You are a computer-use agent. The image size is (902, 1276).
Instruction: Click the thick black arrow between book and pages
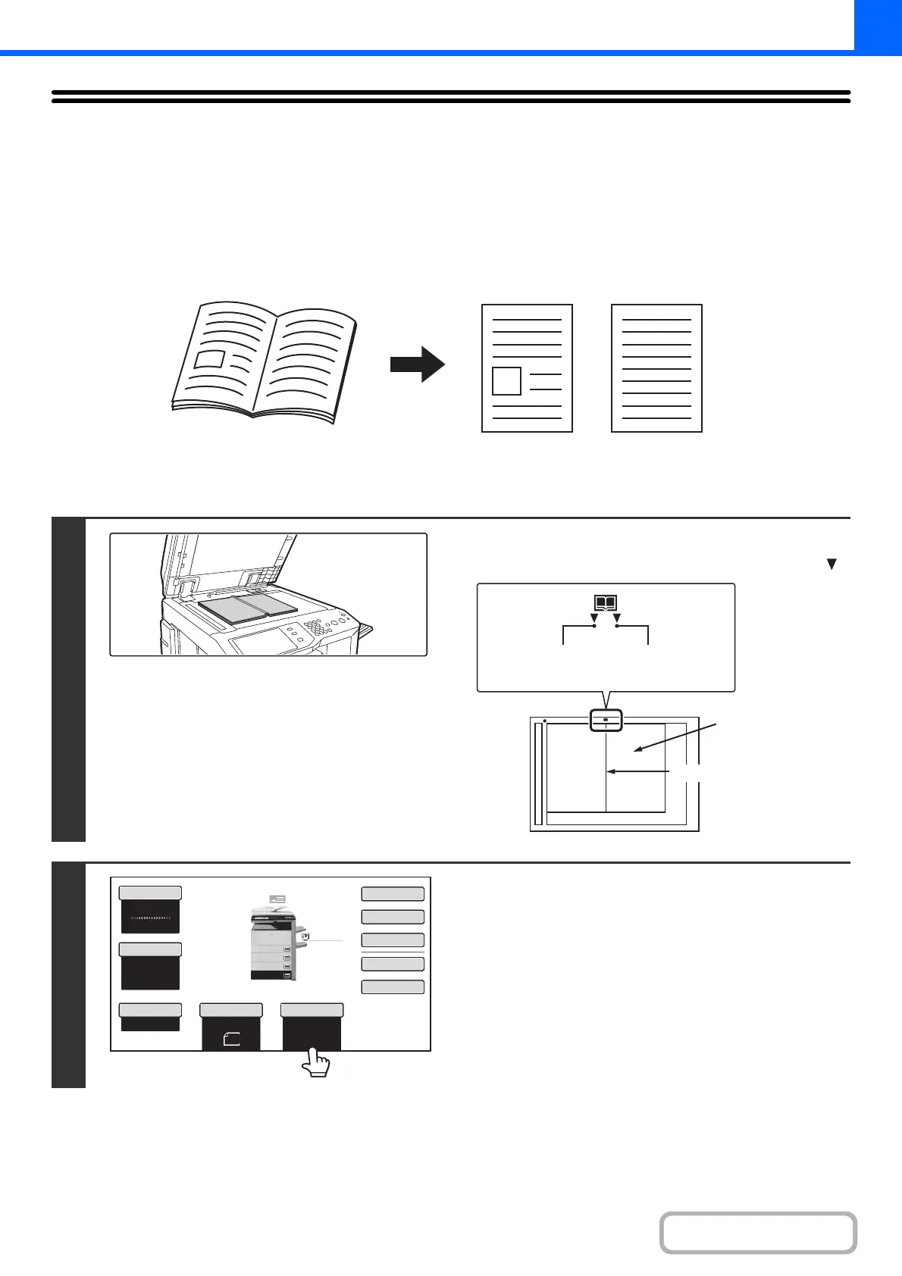point(417,364)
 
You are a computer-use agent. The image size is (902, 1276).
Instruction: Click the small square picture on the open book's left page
point(209,359)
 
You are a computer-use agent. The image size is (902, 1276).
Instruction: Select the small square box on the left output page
point(506,380)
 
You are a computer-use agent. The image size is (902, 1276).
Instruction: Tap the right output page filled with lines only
point(656,368)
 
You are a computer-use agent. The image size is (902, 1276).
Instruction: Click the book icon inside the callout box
point(606,603)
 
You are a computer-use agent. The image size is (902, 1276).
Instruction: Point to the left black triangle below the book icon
point(594,618)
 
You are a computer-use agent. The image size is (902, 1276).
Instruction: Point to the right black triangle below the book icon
point(617,618)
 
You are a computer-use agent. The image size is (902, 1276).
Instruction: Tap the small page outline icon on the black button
point(231,1040)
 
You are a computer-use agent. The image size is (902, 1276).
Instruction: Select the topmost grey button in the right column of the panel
point(392,893)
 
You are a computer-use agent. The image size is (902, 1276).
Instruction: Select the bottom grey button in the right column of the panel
point(392,987)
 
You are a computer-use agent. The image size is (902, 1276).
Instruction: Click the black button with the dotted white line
point(150,917)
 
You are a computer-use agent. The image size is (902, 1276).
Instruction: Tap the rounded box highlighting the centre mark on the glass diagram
point(606,720)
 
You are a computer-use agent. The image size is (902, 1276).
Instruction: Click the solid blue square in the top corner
point(878,25)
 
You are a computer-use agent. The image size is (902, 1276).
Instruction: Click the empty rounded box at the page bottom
point(758,1233)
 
